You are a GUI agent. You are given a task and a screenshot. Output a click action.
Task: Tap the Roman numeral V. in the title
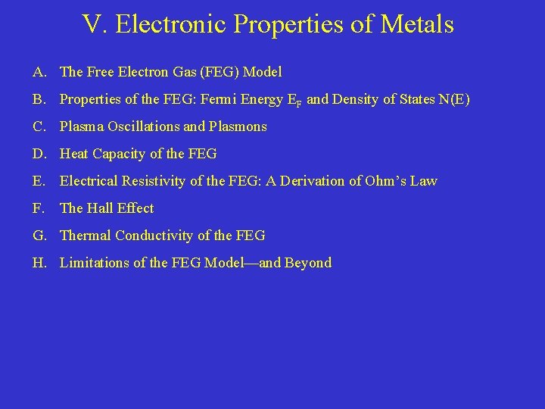click(x=94, y=24)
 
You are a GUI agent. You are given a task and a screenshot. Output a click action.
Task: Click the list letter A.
click(x=40, y=72)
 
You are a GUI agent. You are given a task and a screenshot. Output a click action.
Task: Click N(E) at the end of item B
click(x=453, y=99)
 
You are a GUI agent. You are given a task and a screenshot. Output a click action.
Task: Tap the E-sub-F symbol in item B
click(x=294, y=100)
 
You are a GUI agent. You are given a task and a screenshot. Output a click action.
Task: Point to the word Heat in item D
click(x=74, y=154)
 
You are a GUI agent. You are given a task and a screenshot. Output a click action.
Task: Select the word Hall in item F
click(x=107, y=208)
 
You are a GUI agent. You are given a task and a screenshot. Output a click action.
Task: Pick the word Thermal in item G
click(x=86, y=236)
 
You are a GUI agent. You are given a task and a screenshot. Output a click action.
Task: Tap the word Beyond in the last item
click(x=308, y=263)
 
